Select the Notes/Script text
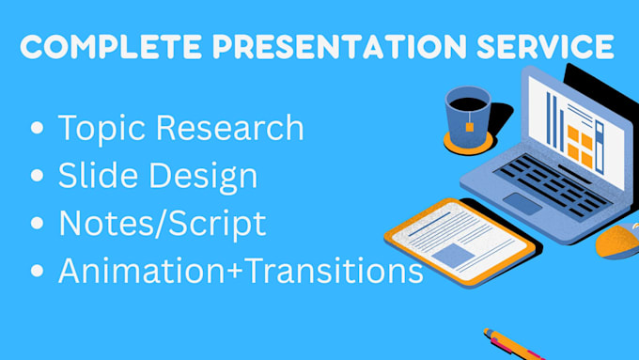(x=162, y=224)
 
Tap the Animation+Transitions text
(x=240, y=272)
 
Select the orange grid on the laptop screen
(x=582, y=145)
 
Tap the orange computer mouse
(x=618, y=243)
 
